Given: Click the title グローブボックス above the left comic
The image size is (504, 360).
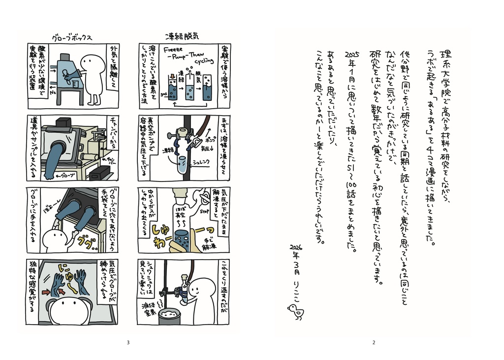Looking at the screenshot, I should (x=72, y=37).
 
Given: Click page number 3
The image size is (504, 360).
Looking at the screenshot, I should (x=128, y=343).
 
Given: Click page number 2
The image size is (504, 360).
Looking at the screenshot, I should (x=374, y=343).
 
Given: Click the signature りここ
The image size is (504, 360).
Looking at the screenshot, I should (x=295, y=293).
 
